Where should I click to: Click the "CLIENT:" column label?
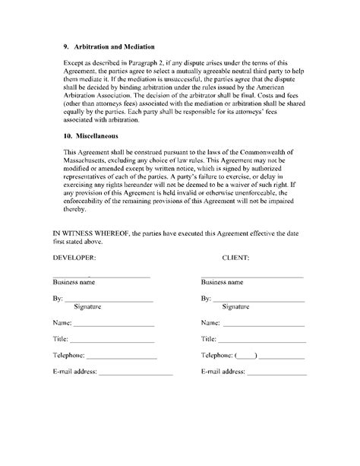point(237,258)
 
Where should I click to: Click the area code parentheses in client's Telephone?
point(247,356)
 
